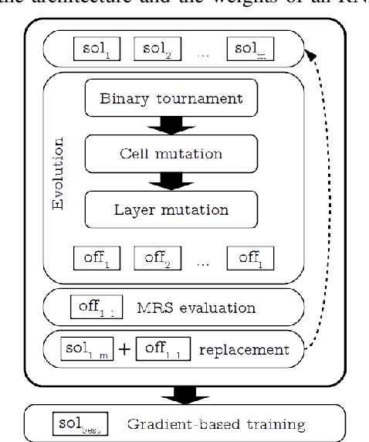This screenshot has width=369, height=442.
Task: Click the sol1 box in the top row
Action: (x=97, y=49)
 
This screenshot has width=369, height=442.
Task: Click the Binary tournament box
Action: (x=171, y=99)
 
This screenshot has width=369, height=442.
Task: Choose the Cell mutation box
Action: (x=171, y=153)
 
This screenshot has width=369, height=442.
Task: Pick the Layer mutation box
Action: (x=171, y=209)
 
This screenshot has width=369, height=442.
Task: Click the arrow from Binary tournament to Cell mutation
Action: (x=171, y=126)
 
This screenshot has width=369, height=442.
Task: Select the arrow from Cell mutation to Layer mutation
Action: (x=171, y=181)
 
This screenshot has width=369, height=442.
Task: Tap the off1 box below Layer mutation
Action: (x=97, y=257)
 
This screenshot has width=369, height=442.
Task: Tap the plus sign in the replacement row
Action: (x=124, y=350)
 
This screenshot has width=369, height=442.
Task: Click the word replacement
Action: (x=244, y=349)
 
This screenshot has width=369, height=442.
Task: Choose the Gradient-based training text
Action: (x=215, y=423)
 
